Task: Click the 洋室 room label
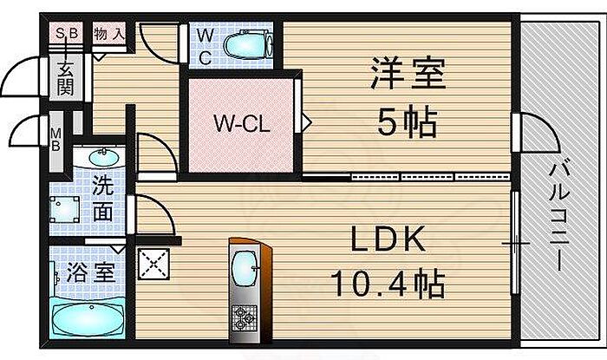click(408, 75)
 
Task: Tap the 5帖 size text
click(406, 122)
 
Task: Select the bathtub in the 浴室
click(87, 317)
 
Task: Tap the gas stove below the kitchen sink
click(246, 321)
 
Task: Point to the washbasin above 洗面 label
click(101, 159)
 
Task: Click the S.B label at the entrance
click(67, 35)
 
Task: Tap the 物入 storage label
click(108, 35)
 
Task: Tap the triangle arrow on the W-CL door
click(306, 121)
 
